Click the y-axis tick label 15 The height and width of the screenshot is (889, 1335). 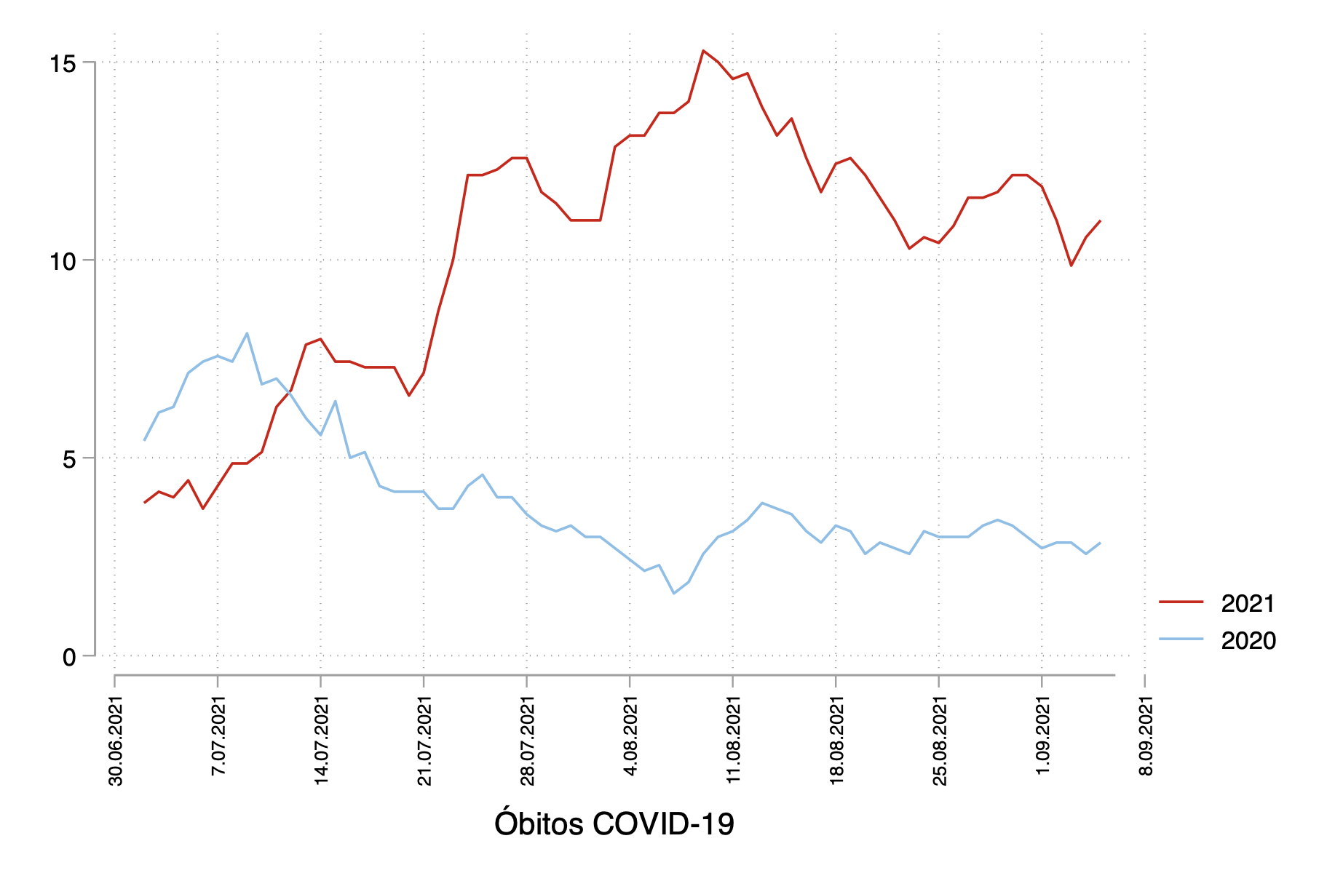pos(63,64)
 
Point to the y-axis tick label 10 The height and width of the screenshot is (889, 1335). pos(63,262)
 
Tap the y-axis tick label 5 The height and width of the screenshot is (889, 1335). pos(69,460)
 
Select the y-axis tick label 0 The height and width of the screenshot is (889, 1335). pos(69,658)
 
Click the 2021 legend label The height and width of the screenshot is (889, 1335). pos(1248,604)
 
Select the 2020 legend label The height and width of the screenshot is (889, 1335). pos(1248,641)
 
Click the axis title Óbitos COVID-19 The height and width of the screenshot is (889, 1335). pos(614,824)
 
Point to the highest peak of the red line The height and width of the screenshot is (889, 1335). pos(703,51)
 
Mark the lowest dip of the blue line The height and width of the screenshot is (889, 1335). pos(674,593)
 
